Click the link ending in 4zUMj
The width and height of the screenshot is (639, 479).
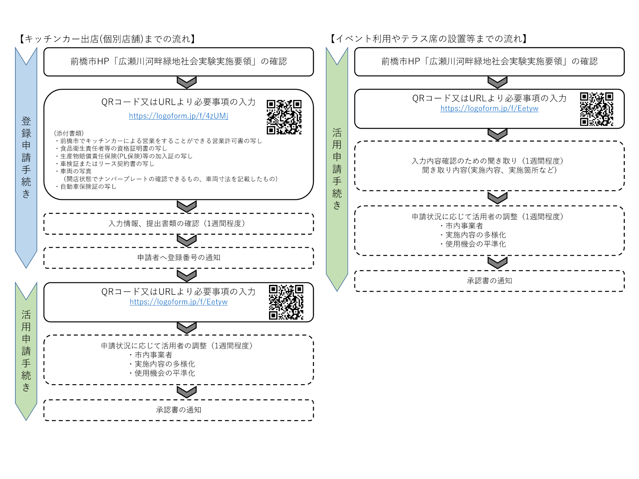click(x=178, y=116)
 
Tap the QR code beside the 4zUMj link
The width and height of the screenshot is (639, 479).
click(x=284, y=117)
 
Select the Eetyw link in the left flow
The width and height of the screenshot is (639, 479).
click(x=178, y=302)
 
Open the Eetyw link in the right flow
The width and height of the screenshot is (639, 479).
click(x=489, y=109)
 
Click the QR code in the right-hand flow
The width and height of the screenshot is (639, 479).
click(x=597, y=109)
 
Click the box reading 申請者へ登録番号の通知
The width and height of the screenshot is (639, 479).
click(x=179, y=258)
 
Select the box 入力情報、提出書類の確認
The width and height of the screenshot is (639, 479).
click(x=179, y=224)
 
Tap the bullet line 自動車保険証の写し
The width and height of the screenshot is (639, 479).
click(x=88, y=186)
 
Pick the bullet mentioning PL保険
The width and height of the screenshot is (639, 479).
click(x=126, y=156)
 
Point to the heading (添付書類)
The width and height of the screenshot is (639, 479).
click(x=69, y=133)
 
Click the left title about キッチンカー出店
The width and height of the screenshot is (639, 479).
click(x=107, y=39)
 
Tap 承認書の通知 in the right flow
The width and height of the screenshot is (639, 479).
click(x=489, y=281)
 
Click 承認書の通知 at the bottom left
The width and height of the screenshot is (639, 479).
click(x=179, y=410)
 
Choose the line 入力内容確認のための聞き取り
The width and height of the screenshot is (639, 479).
click(x=487, y=161)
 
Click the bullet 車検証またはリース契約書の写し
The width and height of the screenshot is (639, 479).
click(x=107, y=164)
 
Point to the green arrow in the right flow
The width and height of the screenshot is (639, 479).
click(x=337, y=169)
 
